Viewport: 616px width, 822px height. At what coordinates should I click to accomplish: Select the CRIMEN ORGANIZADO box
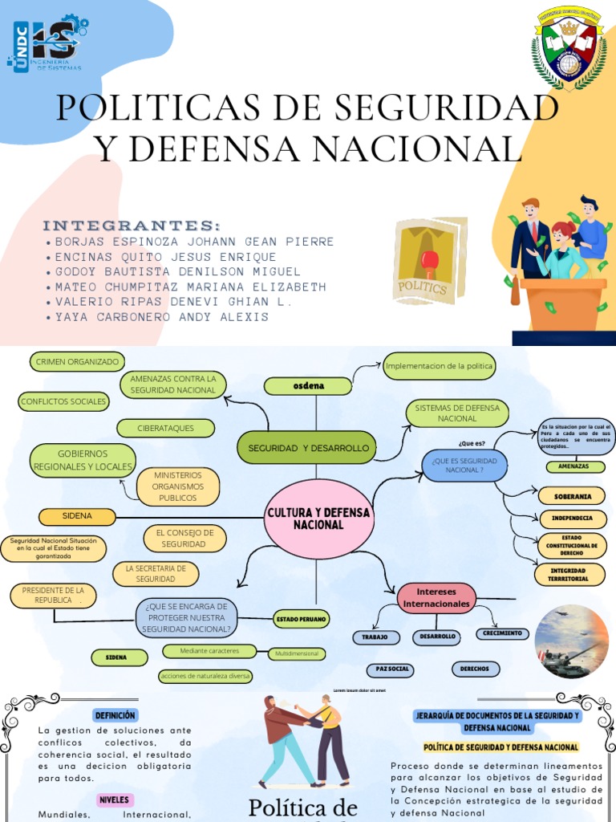77,362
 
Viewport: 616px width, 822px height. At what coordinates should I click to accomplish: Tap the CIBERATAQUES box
165,429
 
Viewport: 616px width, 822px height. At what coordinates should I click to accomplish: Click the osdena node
308,386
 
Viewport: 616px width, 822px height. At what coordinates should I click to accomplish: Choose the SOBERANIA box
571,496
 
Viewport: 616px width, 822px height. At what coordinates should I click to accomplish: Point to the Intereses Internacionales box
436,597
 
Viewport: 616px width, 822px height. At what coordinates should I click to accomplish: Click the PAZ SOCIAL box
393,669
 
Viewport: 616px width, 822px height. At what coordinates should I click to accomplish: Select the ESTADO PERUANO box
302,620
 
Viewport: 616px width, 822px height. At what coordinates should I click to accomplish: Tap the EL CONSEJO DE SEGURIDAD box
184,538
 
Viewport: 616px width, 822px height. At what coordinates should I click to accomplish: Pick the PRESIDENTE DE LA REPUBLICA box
53,596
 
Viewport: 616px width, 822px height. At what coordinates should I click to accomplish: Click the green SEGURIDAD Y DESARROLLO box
308,447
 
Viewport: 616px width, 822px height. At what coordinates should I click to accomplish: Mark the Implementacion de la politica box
440,366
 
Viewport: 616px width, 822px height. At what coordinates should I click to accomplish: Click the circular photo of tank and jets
571,641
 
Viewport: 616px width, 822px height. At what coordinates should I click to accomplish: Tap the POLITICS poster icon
429,261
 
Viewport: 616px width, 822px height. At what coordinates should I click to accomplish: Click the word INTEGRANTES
131,224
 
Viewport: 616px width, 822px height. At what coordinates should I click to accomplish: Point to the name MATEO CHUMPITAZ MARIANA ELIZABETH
190,287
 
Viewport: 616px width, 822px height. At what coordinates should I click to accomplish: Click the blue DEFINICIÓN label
115,715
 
